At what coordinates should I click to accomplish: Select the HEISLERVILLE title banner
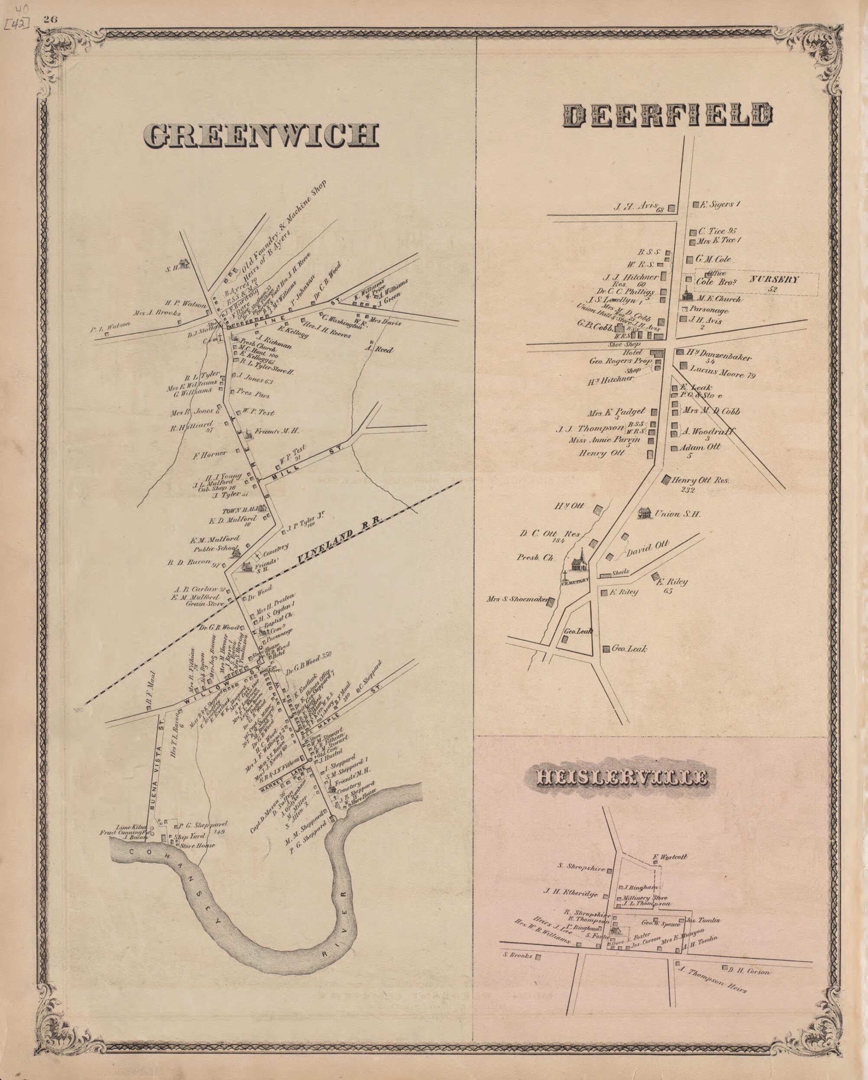click(622, 791)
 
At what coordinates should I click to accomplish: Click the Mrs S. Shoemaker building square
click(551, 602)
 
